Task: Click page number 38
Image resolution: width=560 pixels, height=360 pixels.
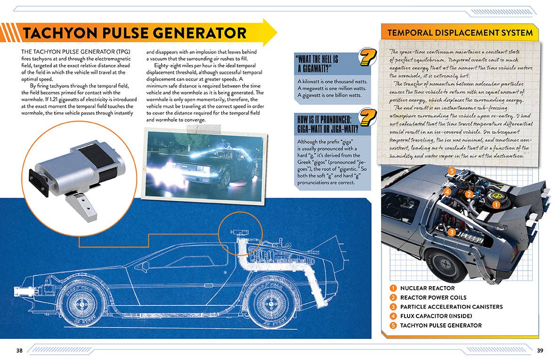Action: point(19,350)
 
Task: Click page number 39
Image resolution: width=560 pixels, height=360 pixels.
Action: point(540,350)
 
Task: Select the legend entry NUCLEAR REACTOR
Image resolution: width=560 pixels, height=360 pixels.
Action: point(427,288)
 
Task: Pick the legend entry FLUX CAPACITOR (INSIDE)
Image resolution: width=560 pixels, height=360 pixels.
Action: point(436,316)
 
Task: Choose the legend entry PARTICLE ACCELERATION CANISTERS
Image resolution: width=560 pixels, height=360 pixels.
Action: point(451,307)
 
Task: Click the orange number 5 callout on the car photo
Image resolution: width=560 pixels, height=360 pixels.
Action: point(452,171)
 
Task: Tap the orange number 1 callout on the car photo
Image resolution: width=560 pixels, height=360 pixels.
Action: point(495,205)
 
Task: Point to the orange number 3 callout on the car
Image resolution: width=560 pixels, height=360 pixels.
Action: point(451,232)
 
